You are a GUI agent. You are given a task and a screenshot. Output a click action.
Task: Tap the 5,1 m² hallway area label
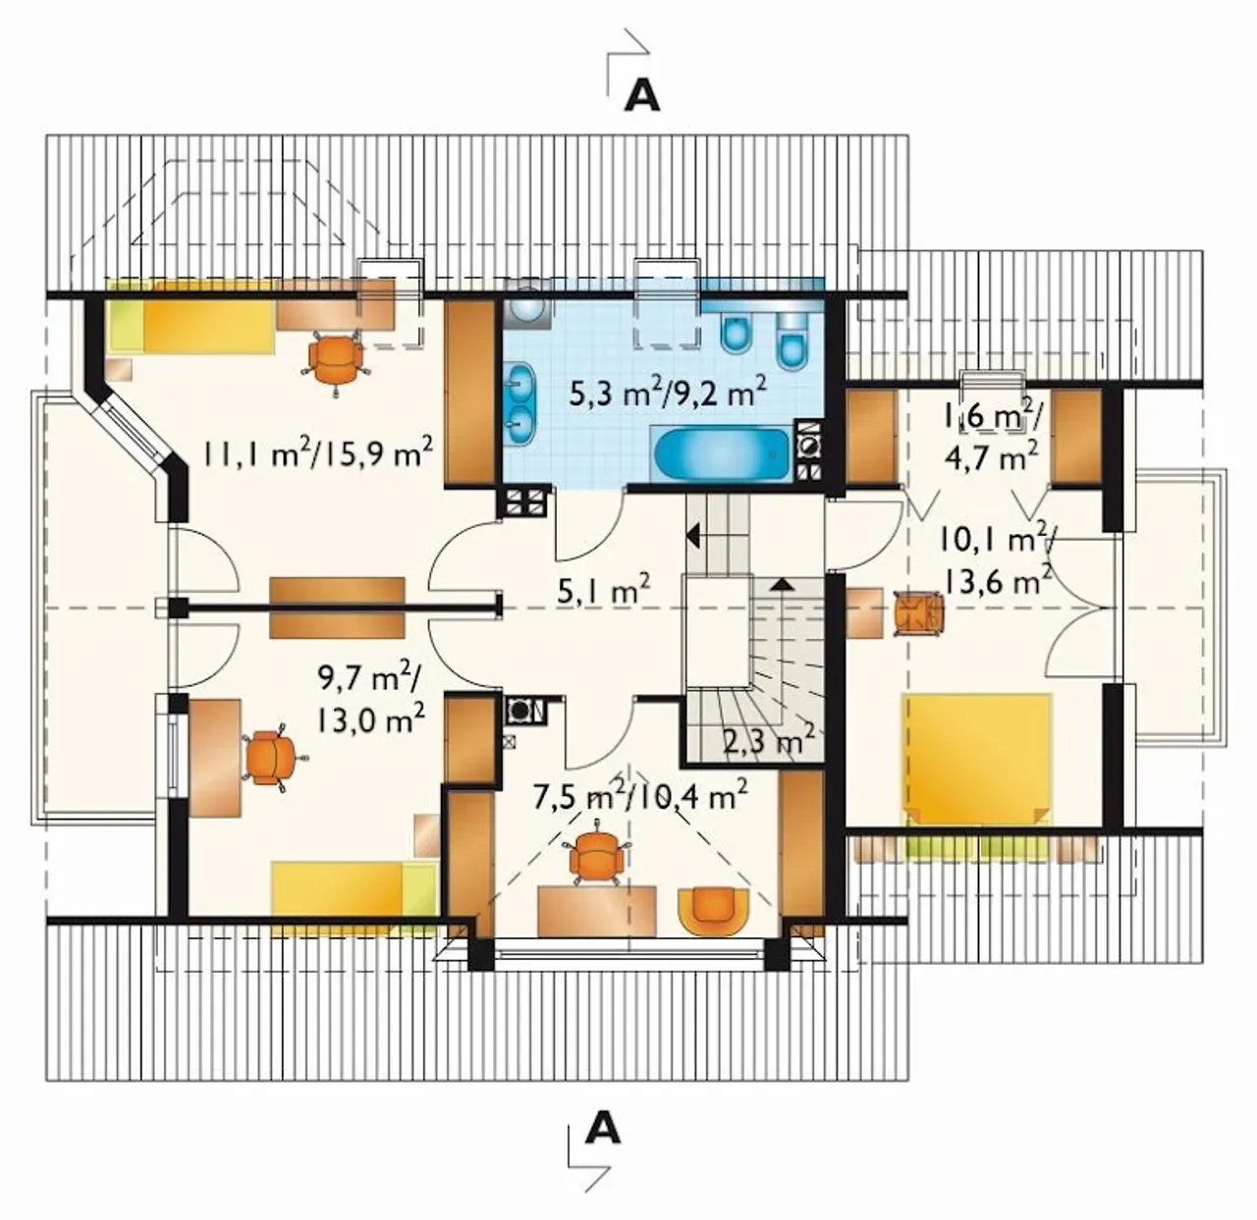(x=604, y=587)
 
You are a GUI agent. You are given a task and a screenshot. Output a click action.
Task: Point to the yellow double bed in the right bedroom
(x=975, y=759)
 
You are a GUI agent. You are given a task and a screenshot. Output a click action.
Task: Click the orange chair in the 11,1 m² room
(x=335, y=361)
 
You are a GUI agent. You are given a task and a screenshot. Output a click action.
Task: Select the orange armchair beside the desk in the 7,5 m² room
(x=714, y=911)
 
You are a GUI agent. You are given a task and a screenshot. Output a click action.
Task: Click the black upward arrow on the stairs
(x=783, y=585)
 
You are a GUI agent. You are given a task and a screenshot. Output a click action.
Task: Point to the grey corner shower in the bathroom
(x=527, y=302)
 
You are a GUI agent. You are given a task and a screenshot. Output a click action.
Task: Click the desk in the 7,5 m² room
(x=596, y=910)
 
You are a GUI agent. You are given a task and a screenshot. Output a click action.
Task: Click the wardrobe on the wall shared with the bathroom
(x=469, y=392)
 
